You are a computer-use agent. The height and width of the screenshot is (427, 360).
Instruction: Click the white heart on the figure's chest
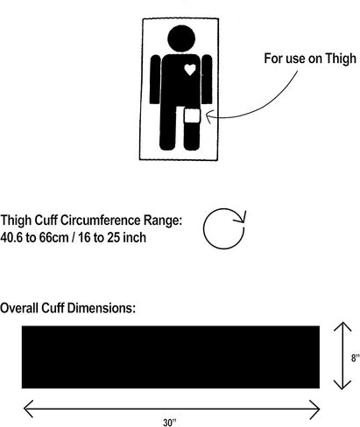coord(190,69)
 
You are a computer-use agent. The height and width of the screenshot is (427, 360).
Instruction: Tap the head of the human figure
coord(181,38)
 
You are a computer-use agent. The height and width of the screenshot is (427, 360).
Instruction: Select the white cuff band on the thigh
coord(192,115)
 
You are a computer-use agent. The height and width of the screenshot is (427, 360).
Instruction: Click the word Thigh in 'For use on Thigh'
coord(341,59)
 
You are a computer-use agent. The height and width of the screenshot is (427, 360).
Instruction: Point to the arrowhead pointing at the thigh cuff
coord(208,116)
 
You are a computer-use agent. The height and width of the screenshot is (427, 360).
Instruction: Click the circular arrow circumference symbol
coord(224,228)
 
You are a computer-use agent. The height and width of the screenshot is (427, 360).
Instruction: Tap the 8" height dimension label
coord(355,358)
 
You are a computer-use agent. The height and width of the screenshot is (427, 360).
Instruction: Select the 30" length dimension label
coord(170,423)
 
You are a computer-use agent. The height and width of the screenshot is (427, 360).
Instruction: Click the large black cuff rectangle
coord(171,357)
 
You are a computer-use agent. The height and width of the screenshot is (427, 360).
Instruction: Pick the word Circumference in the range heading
coord(101,220)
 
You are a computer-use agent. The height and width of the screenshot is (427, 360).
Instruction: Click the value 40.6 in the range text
coord(11,237)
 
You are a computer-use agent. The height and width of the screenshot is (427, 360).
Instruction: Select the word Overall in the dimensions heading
coord(19,308)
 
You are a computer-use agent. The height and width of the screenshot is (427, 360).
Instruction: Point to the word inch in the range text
coord(134,237)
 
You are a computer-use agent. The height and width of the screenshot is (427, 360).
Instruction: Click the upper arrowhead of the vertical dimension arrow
coord(342,326)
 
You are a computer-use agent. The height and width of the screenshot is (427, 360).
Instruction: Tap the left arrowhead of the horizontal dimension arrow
coord(28,409)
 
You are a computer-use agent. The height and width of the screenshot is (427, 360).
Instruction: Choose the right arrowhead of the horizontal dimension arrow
coord(315,409)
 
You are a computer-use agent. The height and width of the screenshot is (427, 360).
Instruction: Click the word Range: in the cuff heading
coord(163,220)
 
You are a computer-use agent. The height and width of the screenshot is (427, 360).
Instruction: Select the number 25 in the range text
coord(114,237)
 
